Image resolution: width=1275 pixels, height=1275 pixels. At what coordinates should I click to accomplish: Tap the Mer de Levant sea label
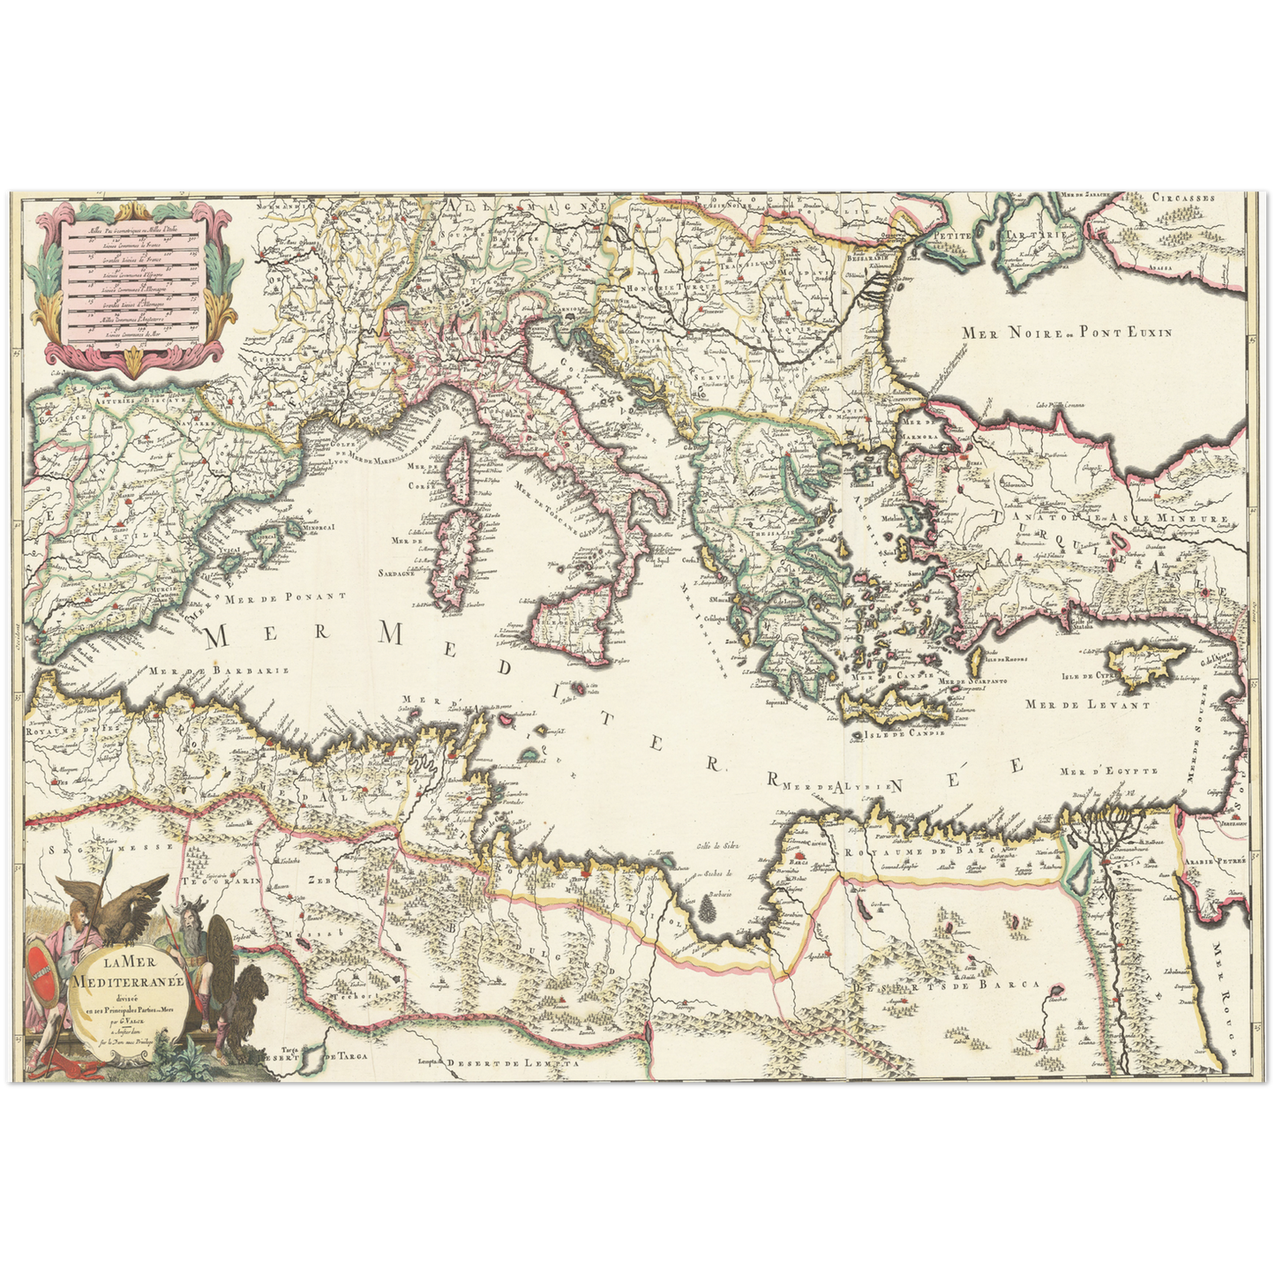[1087, 705]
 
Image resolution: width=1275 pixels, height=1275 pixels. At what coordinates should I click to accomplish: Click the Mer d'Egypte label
[1109, 771]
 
